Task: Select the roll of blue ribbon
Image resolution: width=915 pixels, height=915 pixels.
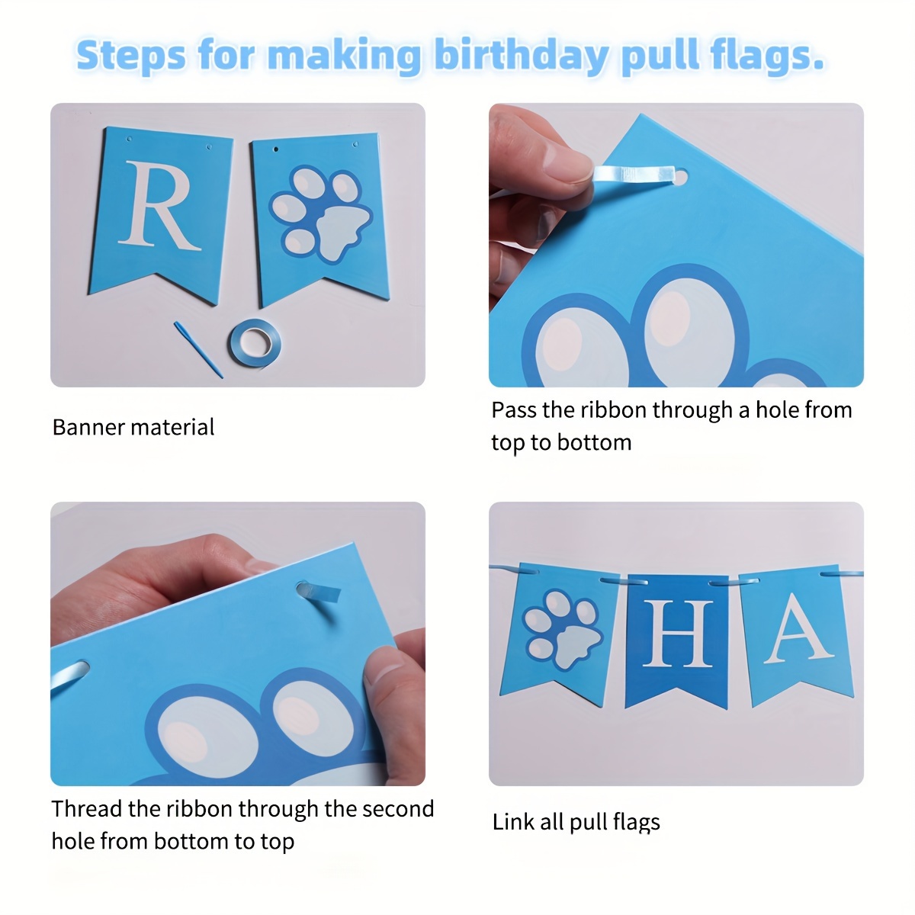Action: click(x=255, y=343)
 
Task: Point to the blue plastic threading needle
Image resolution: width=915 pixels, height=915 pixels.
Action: click(x=198, y=349)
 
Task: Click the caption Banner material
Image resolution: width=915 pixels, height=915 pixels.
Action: click(x=133, y=427)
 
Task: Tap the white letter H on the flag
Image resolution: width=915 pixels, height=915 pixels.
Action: click(x=678, y=634)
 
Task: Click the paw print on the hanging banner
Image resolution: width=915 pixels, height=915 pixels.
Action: click(x=563, y=630)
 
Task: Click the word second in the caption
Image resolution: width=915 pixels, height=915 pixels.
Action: click(x=398, y=809)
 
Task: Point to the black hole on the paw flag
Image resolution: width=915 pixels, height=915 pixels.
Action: click(x=276, y=149)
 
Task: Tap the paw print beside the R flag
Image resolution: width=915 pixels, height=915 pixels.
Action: click(x=320, y=213)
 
